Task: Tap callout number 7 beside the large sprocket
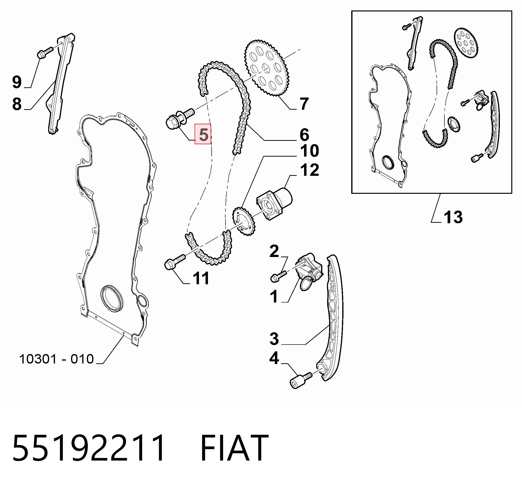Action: coord(304,104)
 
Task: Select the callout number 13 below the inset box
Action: coord(453,217)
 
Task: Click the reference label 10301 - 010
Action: coord(56,359)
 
